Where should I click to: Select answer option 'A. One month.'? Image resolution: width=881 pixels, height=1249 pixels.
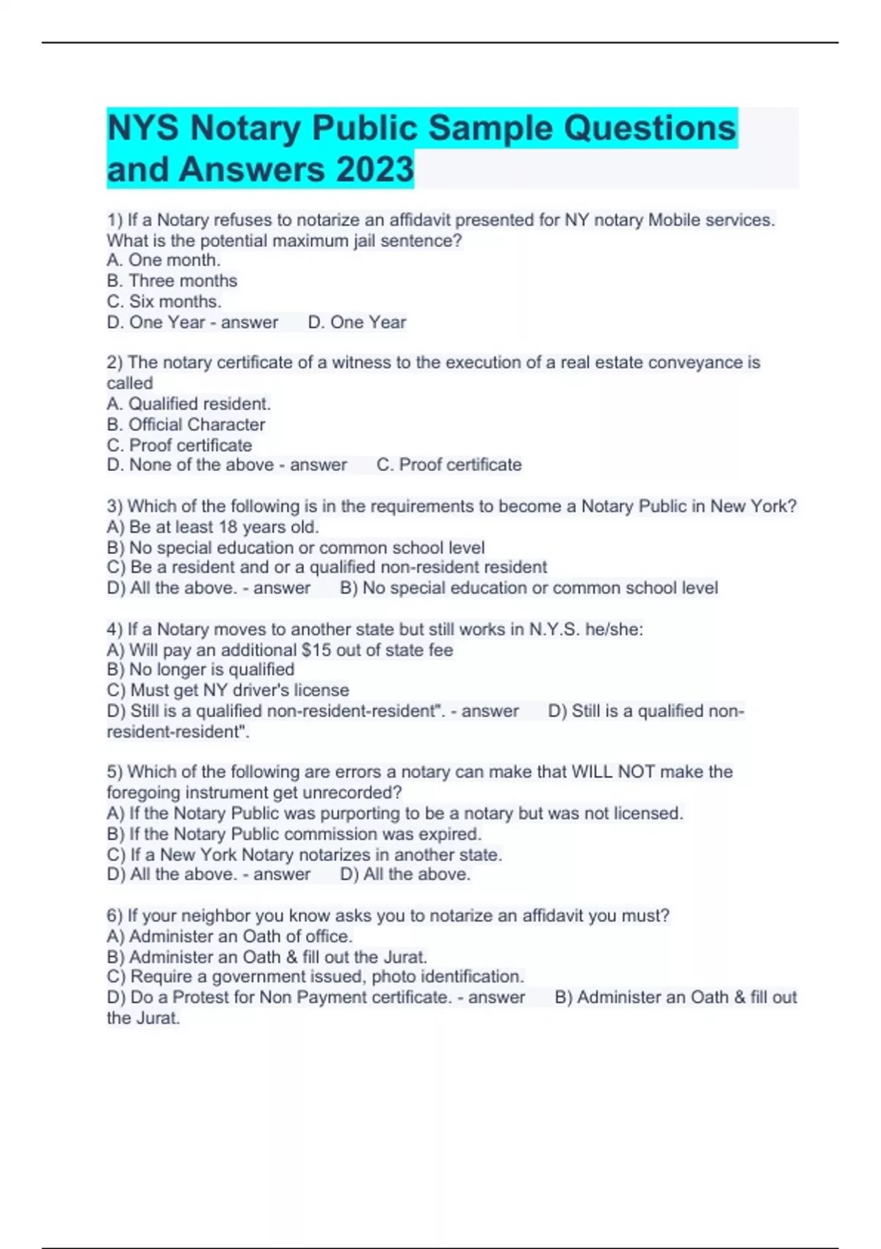163,260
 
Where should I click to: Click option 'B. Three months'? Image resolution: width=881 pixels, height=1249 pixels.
172,281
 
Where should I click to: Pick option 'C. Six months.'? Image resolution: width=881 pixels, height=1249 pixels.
164,301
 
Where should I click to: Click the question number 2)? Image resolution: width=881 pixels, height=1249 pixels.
115,362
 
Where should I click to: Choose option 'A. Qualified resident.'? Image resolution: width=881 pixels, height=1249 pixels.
189,403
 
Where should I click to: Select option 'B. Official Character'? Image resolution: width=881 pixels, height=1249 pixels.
186,424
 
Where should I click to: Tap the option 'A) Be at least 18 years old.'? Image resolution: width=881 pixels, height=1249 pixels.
213,527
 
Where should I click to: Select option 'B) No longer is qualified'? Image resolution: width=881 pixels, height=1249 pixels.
200,669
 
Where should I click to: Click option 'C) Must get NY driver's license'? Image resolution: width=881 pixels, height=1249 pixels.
228,690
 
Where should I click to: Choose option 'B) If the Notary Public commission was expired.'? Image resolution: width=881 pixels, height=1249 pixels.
294,834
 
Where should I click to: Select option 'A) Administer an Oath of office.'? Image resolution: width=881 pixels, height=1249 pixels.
229,936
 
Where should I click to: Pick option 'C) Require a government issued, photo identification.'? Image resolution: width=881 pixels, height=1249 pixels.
315,976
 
